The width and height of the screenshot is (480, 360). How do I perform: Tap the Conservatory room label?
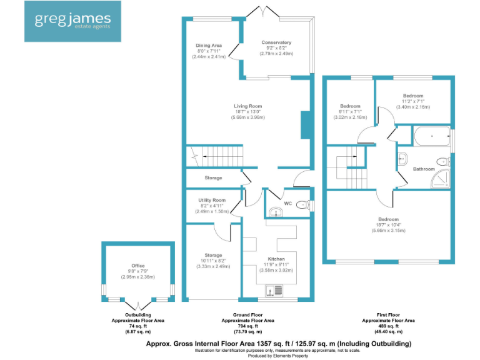[x=276, y=42]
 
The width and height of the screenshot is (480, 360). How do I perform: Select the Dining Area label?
[x=209, y=45]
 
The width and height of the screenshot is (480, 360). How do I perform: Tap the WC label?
[x=287, y=204]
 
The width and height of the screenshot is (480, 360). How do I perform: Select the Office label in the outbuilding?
[x=137, y=266]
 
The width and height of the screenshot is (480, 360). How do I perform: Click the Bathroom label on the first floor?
[x=424, y=169]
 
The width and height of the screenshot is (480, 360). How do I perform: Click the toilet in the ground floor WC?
[x=303, y=204]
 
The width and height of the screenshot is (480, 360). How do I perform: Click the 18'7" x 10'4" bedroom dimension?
[x=388, y=225]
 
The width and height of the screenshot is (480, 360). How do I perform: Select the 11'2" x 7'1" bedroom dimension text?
[x=413, y=101]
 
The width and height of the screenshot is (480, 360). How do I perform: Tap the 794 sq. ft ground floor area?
[x=248, y=326]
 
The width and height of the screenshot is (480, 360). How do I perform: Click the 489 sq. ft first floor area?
[x=388, y=326]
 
